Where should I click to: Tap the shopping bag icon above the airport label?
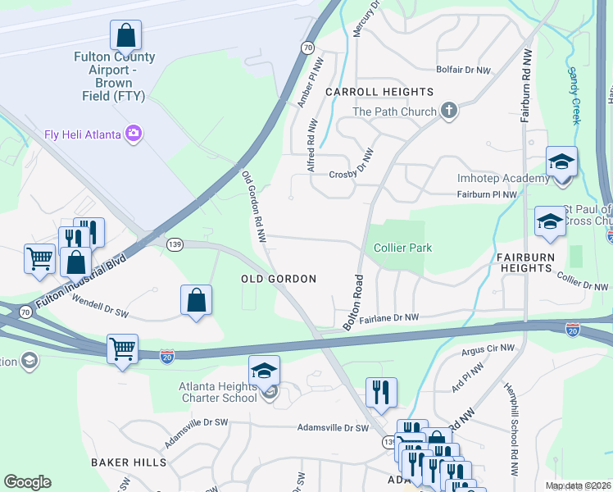(125, 35)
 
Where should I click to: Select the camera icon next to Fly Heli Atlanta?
(133, 133)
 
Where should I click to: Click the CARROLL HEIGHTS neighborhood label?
(379, 92)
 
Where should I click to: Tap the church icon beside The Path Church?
(448, 111)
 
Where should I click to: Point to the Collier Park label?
(402, 248)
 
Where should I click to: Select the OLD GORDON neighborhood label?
(279, 279)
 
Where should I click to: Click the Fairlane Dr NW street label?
(388, 317)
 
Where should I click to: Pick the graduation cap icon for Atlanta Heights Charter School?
(264, 371)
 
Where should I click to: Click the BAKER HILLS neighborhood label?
(129, 462)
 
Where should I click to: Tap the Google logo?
(27, 482)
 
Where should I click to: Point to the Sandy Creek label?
(576, 95)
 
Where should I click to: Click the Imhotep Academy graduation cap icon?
(562, 162)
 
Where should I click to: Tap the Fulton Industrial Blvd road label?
(81, 284)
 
